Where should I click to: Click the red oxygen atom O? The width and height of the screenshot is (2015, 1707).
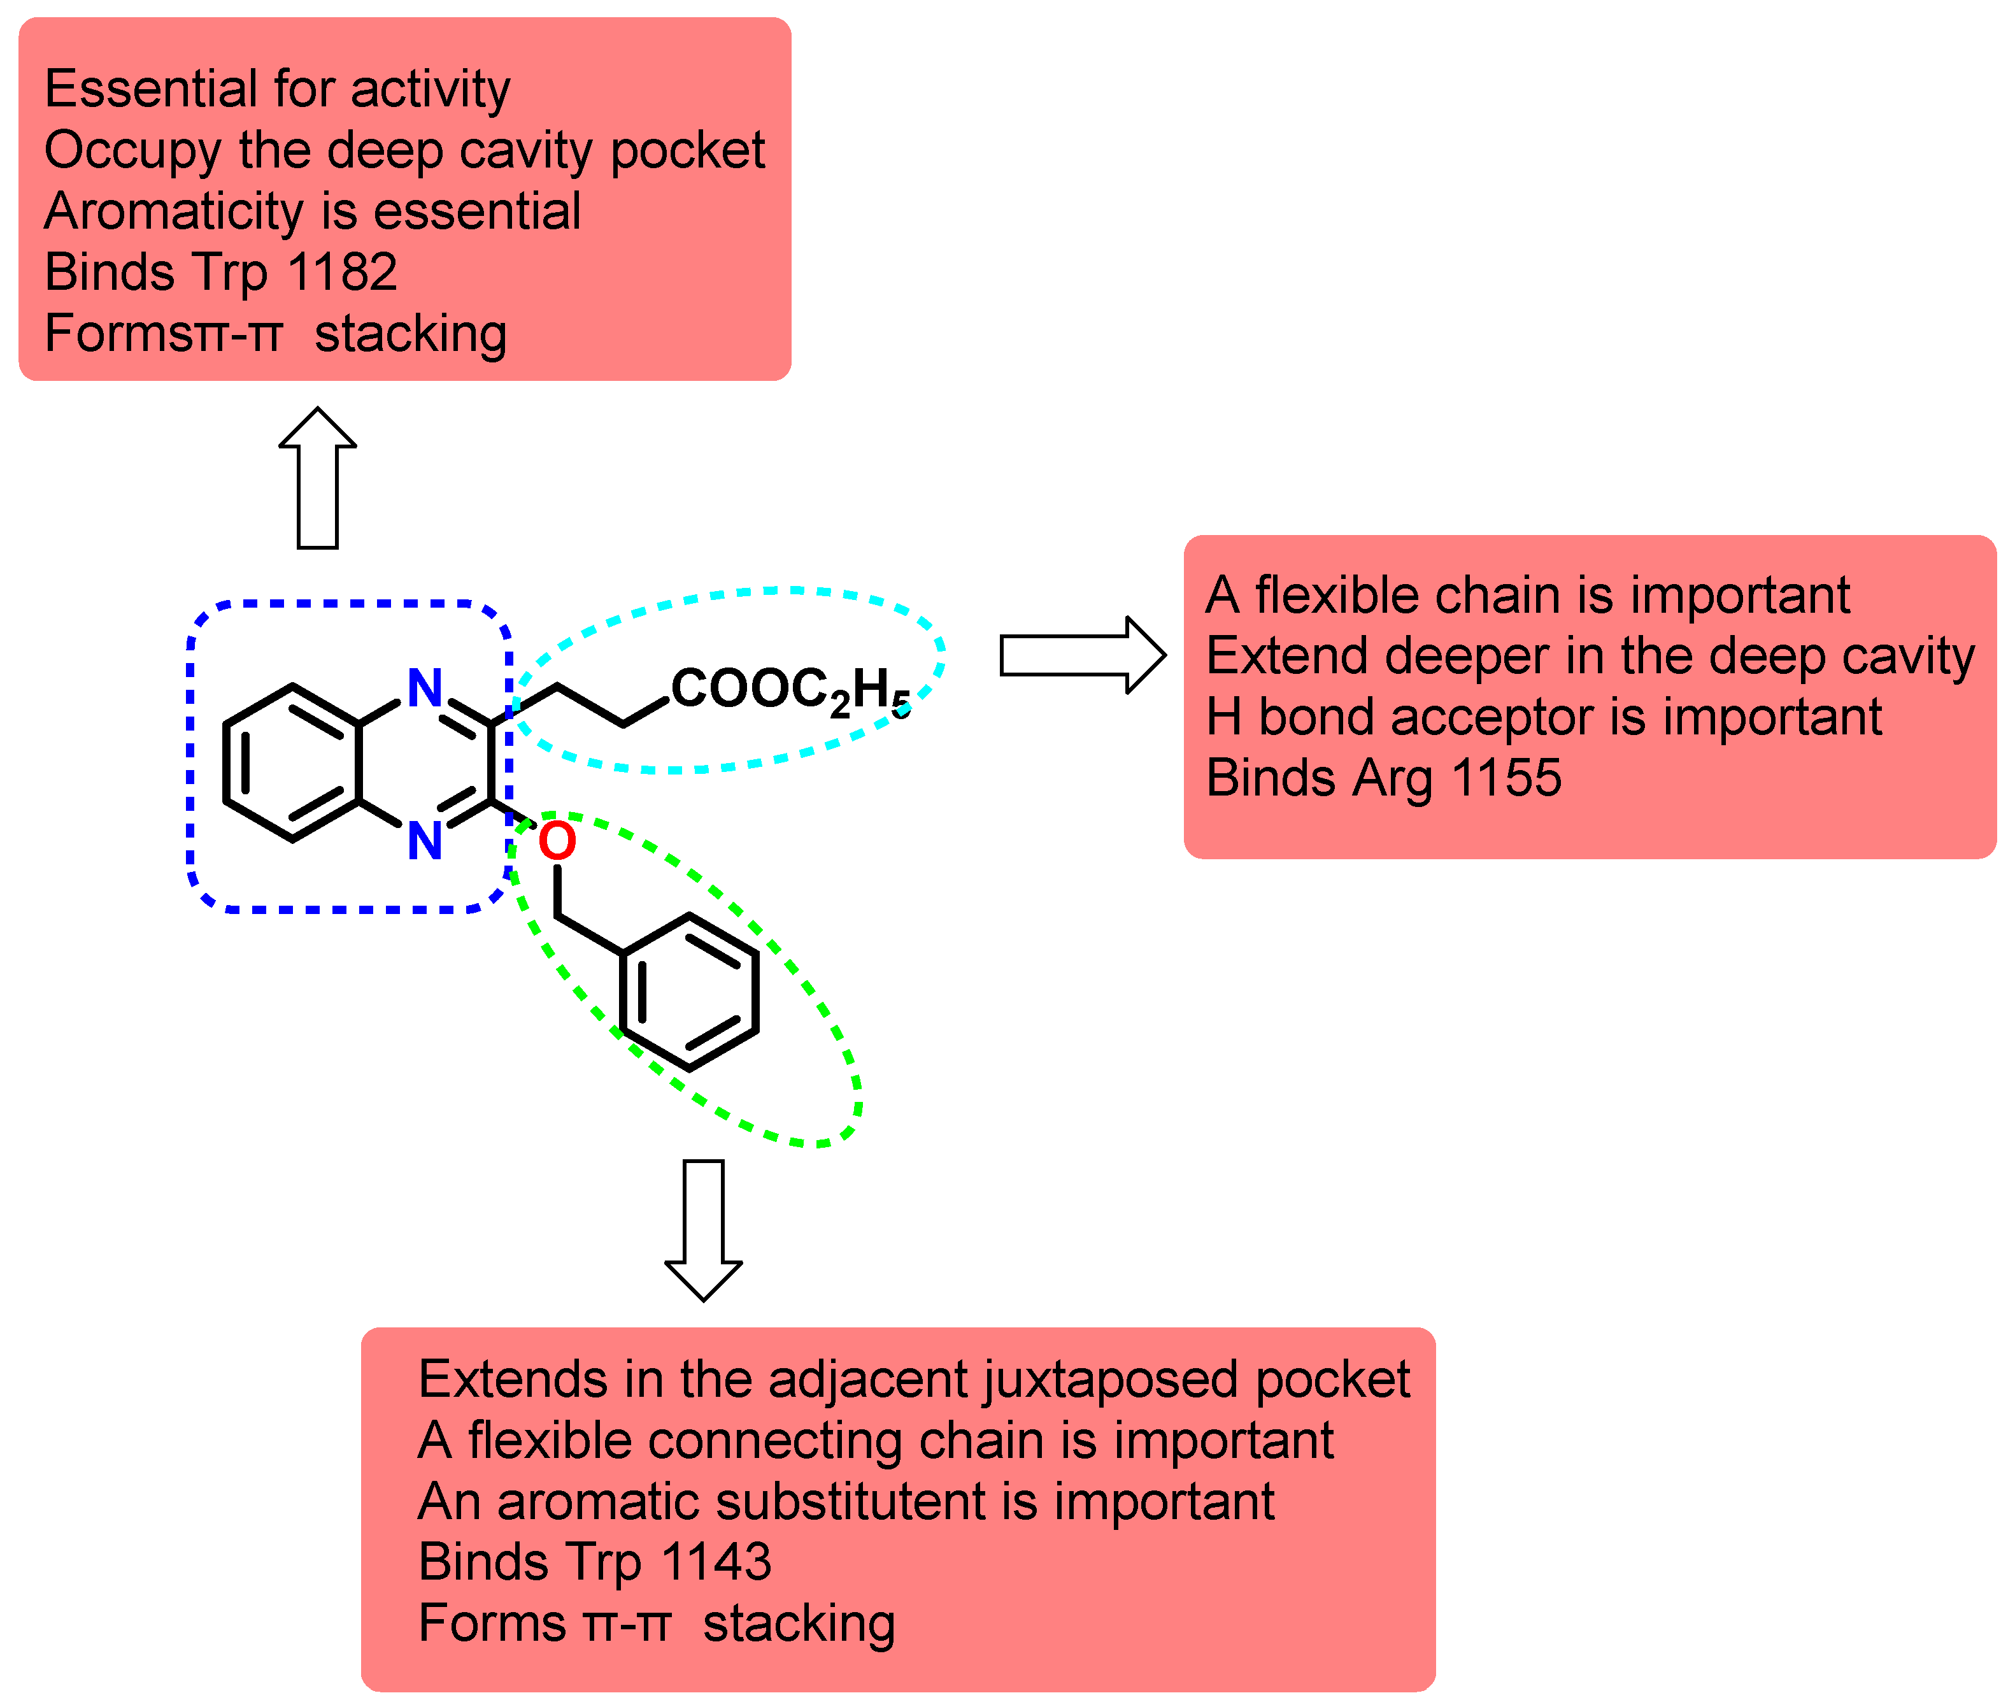click(557, 841)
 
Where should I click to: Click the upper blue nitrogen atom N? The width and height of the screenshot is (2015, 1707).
click(425, 688)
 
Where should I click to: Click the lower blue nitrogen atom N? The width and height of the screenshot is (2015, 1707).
click(425, 840)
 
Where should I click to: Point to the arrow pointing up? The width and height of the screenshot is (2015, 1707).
click(317, 478)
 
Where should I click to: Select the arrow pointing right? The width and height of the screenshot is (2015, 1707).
click(1081, 655)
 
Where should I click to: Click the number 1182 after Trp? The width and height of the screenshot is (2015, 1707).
click(343, 272)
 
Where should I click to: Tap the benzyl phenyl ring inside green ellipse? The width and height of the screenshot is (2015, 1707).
click(689, 992)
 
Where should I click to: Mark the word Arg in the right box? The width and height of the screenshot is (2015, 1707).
click(1392, 777)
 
